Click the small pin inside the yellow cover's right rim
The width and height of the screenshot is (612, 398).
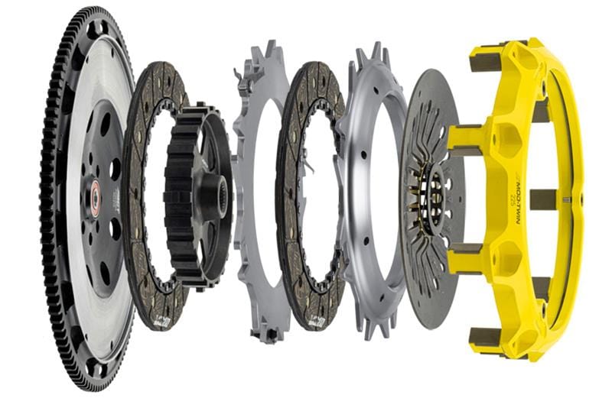point(567,201)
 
